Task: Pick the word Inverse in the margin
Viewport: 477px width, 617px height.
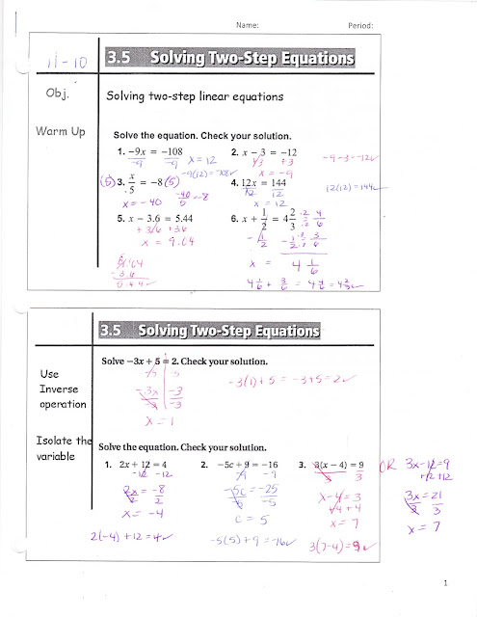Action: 42,389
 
